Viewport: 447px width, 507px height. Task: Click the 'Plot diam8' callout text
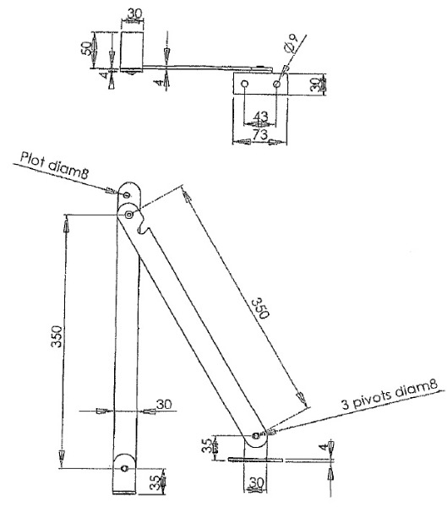point(54,165)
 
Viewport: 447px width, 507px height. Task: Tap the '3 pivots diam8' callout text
point(390,394)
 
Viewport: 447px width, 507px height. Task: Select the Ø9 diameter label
point(291,43)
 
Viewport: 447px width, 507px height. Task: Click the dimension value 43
point(261,117)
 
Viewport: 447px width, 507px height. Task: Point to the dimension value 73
point(260,134)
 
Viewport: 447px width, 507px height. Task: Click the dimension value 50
point(85,48)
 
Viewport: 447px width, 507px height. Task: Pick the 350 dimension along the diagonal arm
point(260,308)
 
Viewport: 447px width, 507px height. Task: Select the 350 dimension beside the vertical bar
point(57,336)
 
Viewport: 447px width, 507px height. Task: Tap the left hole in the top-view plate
point(245,84)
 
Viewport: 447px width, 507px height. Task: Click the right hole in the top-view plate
point(276,84)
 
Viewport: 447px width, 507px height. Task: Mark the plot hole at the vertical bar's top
point(127,194)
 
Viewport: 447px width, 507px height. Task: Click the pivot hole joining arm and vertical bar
point(129,215)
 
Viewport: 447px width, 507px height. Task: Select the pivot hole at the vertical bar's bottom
point(125,468)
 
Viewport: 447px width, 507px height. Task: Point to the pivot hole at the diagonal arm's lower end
point(256,435)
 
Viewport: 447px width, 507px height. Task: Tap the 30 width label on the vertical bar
point(164,404)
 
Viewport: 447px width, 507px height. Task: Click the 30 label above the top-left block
point(134,14)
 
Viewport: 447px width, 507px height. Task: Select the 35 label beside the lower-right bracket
point(207,445)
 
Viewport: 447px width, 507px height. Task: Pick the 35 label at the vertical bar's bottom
point(155,482)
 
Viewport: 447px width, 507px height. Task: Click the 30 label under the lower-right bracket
point(257,482)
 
